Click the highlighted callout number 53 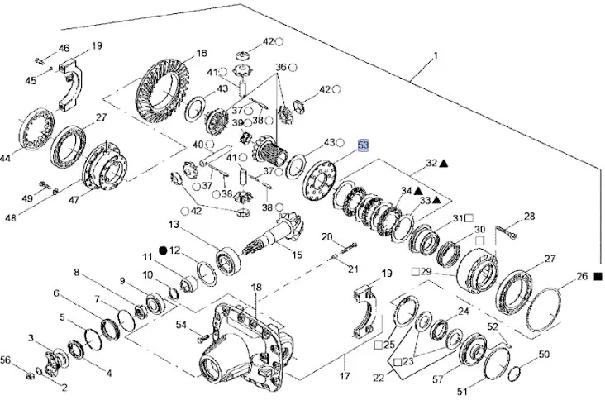pos(364,145)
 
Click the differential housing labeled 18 pos(240,339)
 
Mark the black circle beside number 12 pos(163,249)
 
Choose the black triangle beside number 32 pos(445,164)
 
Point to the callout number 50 pos(543,355)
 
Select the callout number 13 pos(175,225)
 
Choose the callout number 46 pos(64,49)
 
